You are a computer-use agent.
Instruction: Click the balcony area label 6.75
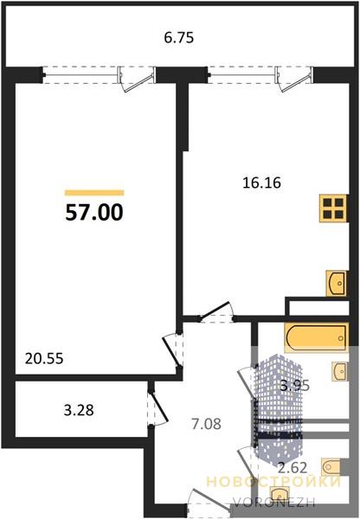(179, 37)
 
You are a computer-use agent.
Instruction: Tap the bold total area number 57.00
(94, 212)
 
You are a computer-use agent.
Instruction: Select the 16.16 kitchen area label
(261, 183)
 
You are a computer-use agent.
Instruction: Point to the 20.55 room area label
(44, 358)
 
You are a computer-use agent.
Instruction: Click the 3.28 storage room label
(79, 410)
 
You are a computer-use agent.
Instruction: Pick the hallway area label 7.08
(206, 424)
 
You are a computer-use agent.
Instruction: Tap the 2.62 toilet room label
(292, 468)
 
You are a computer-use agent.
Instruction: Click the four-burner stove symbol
(333, 208)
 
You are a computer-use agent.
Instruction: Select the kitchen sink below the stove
(336, 284)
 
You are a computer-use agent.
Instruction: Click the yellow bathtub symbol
(316, 337)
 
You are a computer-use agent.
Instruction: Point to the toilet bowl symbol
(331, 467)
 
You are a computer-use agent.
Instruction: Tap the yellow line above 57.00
(94, 193)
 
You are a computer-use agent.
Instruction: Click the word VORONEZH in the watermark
(273, 503)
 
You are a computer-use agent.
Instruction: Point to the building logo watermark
(278, 407)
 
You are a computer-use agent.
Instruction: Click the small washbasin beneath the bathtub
(340, 372)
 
